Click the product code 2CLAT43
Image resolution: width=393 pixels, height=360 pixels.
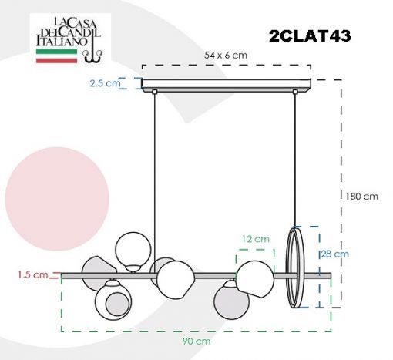coord(310,35)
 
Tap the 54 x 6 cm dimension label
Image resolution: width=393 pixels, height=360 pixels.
coord(226,56)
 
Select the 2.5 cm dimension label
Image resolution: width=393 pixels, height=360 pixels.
coord(105,83)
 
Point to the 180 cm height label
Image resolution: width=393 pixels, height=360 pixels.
coord(362,197)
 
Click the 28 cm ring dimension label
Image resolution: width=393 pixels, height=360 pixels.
coord(335,254)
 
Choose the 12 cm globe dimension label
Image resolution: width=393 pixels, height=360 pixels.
coord(256,239)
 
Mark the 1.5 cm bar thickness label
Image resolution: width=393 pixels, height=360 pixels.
coord(33,274)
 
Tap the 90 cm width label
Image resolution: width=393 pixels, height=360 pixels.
coord(196,341)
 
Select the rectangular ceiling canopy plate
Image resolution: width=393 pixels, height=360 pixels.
coord(227,86)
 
